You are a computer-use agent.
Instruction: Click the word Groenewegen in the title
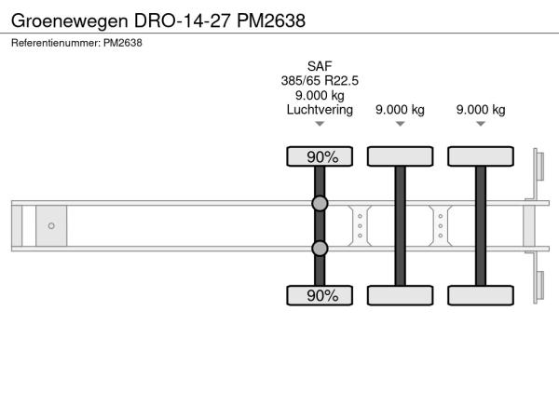coord(70,21)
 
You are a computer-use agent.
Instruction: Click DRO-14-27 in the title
coord(182,20)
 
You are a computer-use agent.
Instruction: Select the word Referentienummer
coord(56,43)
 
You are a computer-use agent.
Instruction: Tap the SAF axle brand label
coord(320,66)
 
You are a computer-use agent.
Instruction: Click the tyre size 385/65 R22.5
coord(320,81)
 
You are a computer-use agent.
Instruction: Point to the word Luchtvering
coord(320,110)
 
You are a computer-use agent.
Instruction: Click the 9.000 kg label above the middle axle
coord(400,110)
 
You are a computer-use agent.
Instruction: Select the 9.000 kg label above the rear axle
coord(481,110)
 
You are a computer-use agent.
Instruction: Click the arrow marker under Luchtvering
coord(320,124)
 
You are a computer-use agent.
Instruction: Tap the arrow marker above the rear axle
coord(481,124)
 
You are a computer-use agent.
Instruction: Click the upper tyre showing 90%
coord(320,156)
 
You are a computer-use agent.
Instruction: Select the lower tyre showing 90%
coord(320,295)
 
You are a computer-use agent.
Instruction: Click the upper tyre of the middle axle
coord(400,156)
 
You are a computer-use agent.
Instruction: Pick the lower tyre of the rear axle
coord(481,295)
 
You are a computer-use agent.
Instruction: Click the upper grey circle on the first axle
coord(320,203)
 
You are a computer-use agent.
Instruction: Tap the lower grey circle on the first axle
coord(320,249)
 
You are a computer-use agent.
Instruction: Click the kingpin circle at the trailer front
coord(51,226)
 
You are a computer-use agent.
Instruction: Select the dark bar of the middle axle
coord(400,226)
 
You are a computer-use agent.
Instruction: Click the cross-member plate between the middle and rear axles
coord(441,226)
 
